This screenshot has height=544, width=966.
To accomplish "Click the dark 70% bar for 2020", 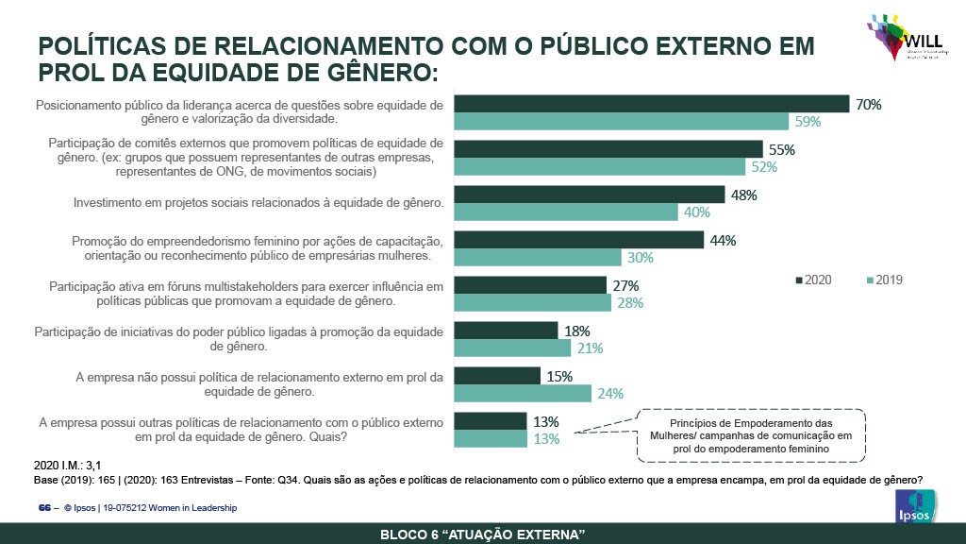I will [651, 104].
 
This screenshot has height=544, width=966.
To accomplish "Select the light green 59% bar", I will [621, 122].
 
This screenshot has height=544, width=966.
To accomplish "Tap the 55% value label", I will [782, 150].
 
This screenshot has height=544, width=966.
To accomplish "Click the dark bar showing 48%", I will [589, 195].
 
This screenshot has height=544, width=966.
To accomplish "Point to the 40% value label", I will [697, 212].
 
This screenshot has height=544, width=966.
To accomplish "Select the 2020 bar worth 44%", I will [578, 240].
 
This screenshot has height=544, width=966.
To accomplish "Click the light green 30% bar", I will [538, 258].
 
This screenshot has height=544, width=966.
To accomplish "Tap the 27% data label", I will [626, 285].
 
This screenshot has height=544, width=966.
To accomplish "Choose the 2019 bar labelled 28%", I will [532, 303].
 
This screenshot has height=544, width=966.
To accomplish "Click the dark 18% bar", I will [506, 331].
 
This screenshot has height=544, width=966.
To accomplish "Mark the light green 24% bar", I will [523, 394].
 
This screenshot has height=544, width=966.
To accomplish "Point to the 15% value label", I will [560, 376].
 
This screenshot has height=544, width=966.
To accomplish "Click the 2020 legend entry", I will [814, 280].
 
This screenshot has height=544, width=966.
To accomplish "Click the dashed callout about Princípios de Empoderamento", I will [751, 436].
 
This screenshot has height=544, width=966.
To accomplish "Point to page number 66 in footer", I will [43, 508].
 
